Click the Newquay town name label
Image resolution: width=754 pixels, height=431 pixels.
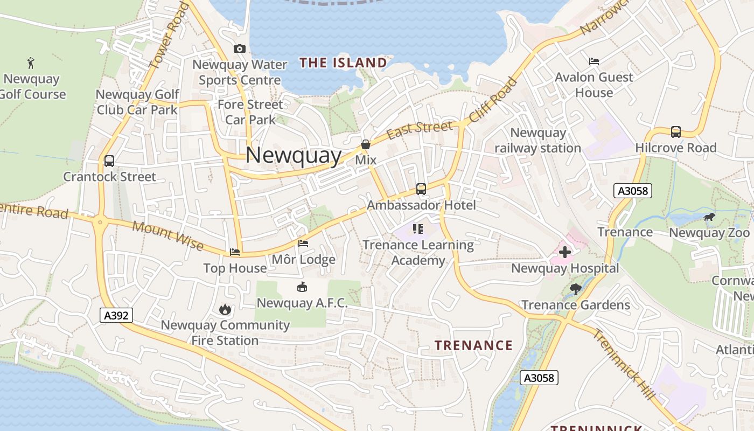pyautogui.click(x=294, y=155)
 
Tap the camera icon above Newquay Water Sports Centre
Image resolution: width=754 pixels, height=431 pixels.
pyautogui.click(x=240, y=49)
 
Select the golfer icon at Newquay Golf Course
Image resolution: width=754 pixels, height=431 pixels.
pyautogui.click(x=31, y=62)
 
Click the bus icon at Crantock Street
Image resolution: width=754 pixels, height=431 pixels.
pyautogui.click(x=109, y=161)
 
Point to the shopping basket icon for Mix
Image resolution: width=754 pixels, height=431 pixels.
pyautogui.click(x=366, y=144)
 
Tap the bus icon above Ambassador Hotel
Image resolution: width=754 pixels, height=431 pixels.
pyautogui.click(x=421, y=189)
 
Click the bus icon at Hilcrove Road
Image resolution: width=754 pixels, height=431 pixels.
pyautogui.click(x=675, y=131)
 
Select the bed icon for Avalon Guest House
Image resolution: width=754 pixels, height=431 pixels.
pyautogui.click(x=594, y=61)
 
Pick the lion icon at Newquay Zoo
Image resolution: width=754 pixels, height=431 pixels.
pyautogui.click(x=709, y=217)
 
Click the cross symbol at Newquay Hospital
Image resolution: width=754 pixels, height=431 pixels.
pyautogui.click(x=564, y=252)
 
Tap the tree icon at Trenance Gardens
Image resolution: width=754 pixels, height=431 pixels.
pyautogui.click(x=575, y=289)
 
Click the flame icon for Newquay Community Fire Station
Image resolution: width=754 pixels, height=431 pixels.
pyautogui.click(x=225, y=309)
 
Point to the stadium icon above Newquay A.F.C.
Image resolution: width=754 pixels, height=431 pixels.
pyautogui.click(x=302, y=287)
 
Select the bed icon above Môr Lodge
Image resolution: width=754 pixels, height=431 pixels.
pyautogui.click(x=303, y=244)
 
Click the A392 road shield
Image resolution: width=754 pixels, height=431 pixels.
pyautogui.click(x=116, y=315)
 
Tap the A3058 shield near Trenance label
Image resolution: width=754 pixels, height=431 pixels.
pyautogui.click(x=633, y=191)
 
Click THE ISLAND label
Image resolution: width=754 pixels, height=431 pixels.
pyautogui.click(x=343, y=63)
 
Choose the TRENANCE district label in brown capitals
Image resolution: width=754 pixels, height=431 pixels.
pyautogui.click(x=473, y=345)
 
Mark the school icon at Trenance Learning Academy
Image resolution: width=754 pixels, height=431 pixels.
pyautogui.click(x=418, y=229)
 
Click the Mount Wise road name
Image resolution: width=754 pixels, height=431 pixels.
pyautogui.click(x=167, y=235)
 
